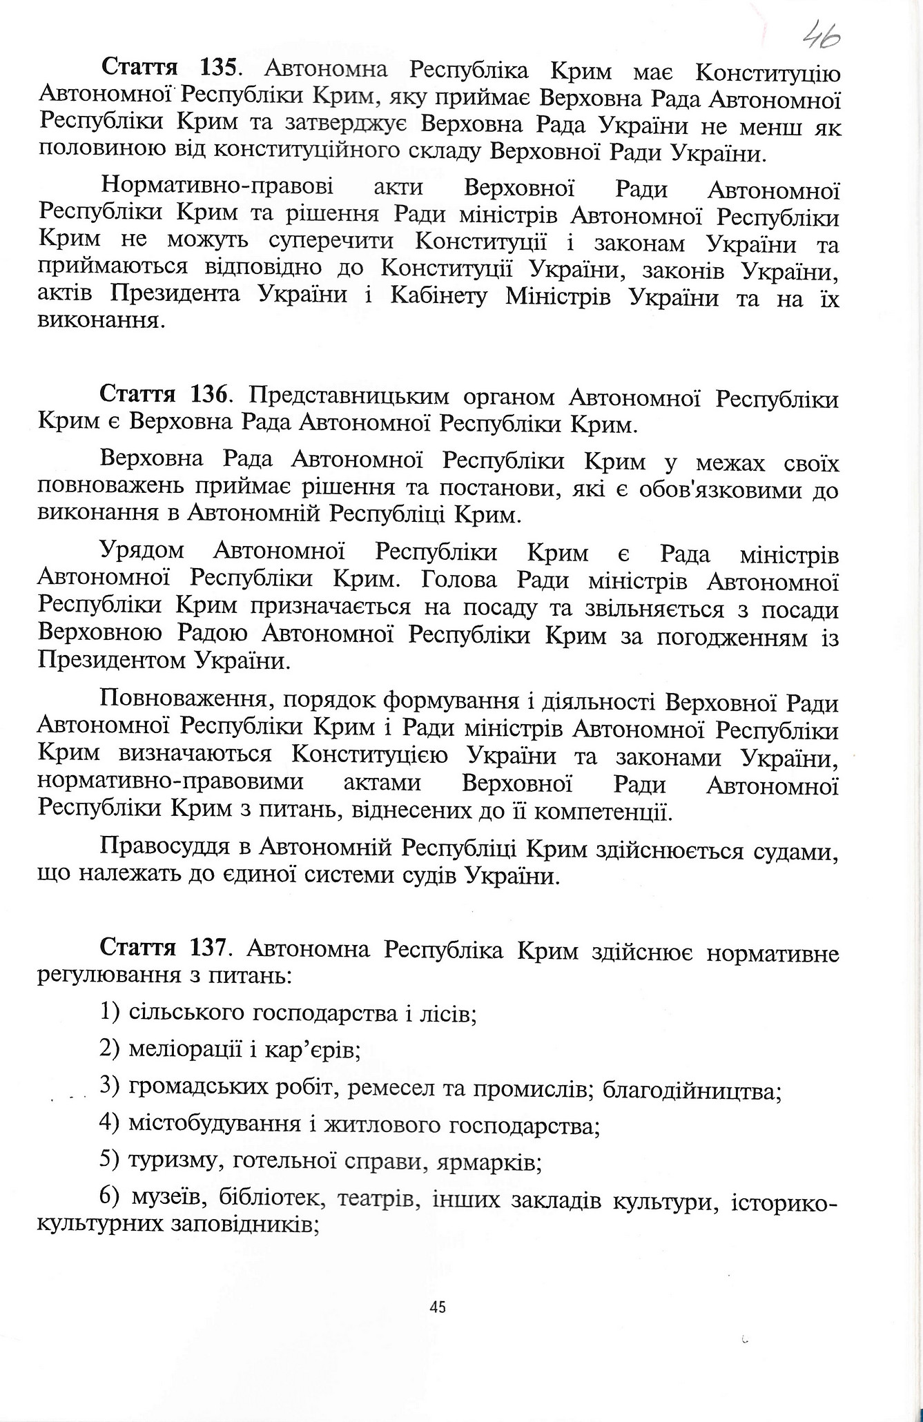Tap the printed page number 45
click(437, 1306)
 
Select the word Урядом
click(142, 552)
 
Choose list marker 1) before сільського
click(110, 1012)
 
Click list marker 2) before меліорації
click(110, 1049)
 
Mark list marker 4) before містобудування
click(110, 1124)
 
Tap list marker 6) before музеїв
click(111, 1198)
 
